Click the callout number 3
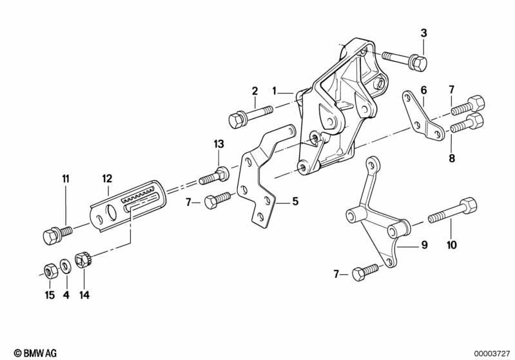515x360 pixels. click(x=423, y=33)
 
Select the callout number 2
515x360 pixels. click(x=255, y=91)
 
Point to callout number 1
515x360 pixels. click(x=274, y=91)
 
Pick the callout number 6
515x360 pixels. click(x=423, y=91)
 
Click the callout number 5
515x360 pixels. click(x=295, y=202)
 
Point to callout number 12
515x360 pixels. click(x=107, y=178)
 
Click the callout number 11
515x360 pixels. click(x=66, y=178)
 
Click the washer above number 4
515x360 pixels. click(x=66, y=266)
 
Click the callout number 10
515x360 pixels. click(x=451, y=245)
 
